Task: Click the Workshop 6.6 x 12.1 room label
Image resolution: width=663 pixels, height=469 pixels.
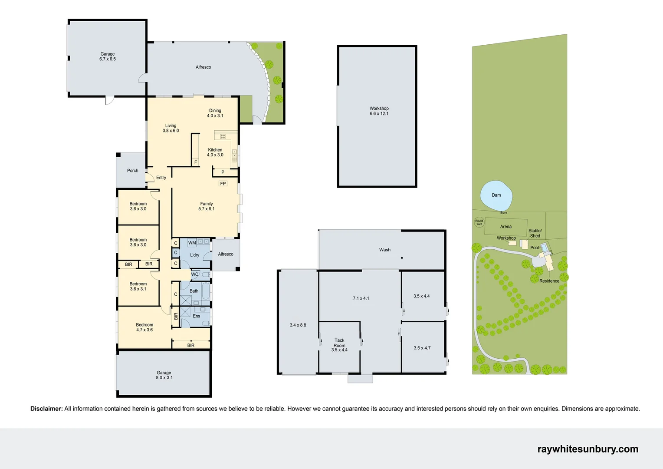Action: coord(379,111)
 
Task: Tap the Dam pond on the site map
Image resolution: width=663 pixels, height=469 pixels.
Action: coord(496,195)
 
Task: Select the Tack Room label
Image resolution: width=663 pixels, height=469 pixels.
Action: coord(339,345)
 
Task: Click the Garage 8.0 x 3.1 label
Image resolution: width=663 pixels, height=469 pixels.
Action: coord(164,375)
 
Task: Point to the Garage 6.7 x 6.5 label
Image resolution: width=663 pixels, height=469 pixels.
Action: coord(108,56)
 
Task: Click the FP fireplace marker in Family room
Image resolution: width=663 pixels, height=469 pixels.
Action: coord(223,184)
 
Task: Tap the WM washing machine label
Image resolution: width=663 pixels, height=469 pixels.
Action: coord(192,243)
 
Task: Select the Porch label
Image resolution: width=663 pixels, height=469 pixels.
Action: coord(133,171)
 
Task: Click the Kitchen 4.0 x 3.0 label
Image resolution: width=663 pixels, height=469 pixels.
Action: coord(215,152)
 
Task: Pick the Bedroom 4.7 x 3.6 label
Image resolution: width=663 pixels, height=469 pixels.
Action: coord(144,327)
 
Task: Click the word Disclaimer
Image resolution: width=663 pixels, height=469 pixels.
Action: coord(46,409)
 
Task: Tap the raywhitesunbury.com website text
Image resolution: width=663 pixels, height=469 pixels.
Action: coord(588,449)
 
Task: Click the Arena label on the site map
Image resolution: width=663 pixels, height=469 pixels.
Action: coord(505,227)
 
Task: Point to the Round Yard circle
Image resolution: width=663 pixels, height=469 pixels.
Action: coord(479,222)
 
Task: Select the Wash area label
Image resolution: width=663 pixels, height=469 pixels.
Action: coord(385,250)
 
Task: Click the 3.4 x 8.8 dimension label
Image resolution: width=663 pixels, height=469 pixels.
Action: coord(298,325)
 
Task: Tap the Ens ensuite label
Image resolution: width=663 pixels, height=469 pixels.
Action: coord(197,316)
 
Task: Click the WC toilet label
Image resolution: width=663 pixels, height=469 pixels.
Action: coord(195,274)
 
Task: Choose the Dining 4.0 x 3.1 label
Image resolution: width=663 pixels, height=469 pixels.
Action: coord(215,113)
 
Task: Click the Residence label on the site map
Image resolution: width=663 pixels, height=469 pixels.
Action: coord(549,281)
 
